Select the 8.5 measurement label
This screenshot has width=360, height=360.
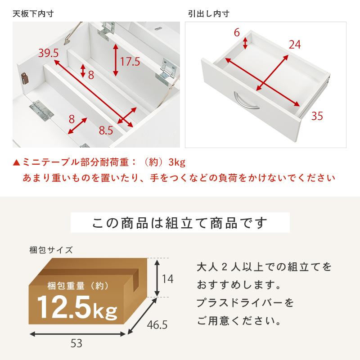pyautogui.click(x=106, y=131)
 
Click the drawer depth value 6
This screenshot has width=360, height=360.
pyautogui.click(x=237, y=32)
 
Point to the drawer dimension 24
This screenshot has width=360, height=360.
pyautogui.click(x=294, y=44)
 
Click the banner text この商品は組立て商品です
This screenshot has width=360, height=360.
pyautogui.click(x=180, y=223)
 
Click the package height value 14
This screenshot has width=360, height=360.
pyautogui.click(x=167, y=279)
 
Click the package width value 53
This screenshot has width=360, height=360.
pyautogui.click(x=76, y=344)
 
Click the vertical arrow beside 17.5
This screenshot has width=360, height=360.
pyautogui.click(x=116, y=60)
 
